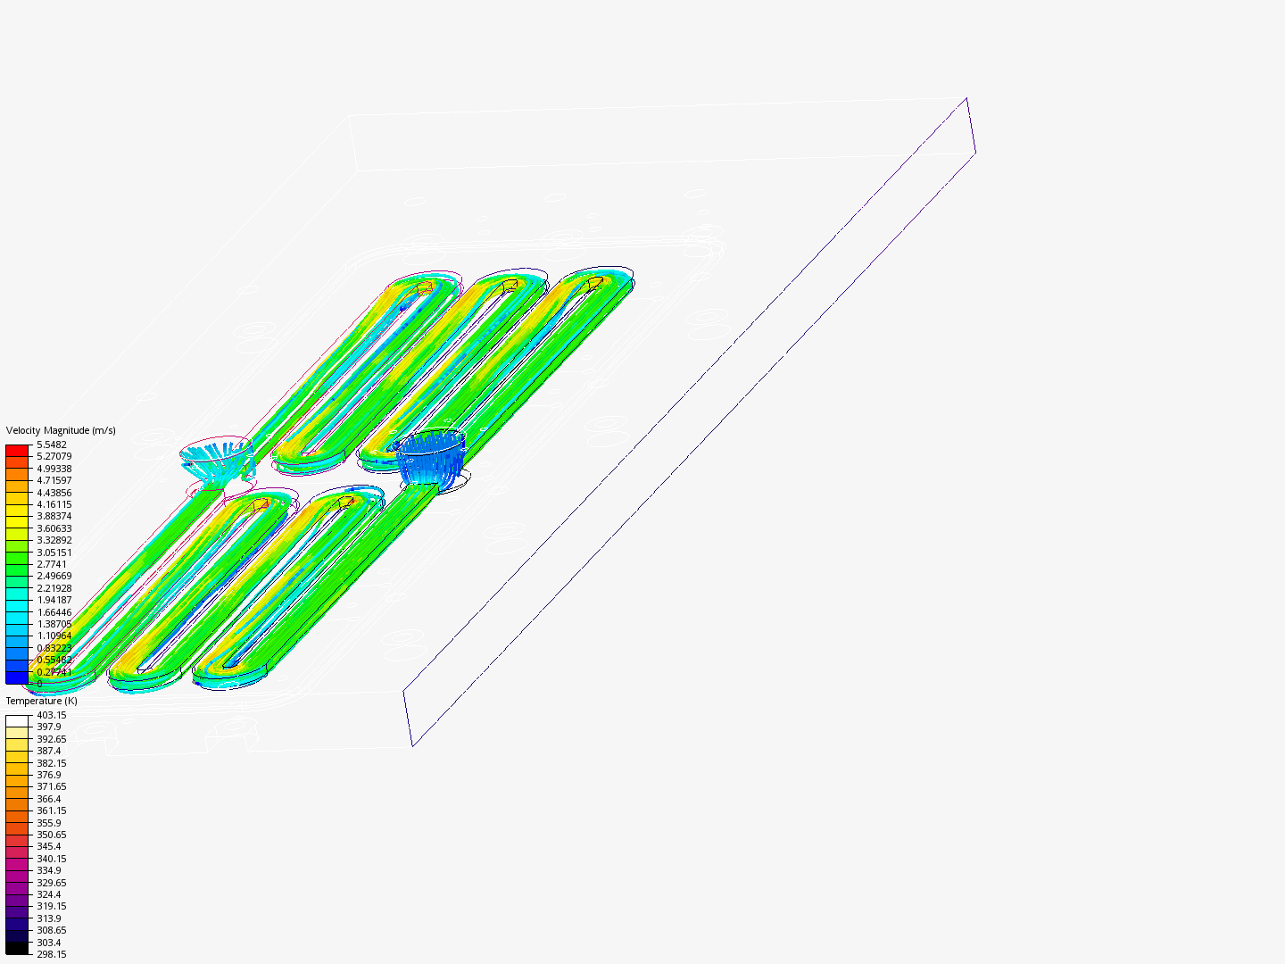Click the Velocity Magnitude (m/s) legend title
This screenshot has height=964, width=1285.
pyautogui.click(x=61, y=430)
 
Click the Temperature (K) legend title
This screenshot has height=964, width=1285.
pyautogui.click(x=42, y=701)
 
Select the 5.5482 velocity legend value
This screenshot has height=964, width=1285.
pyautogui.click(x=52, y=445)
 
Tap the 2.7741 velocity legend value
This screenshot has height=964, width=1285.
pyautogui.click(x=52, y=564)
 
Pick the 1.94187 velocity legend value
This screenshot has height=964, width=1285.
pyautogui.click(x=54, y=600)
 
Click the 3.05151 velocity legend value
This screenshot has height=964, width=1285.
pyautogui.click(x=54, y=553)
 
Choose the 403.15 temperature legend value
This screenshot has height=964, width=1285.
pyautogui.click(x=52, y=715)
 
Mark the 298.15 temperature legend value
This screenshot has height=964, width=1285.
pyautogui.click(x=52, y=955)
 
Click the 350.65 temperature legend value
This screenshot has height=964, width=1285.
pyautogui.click(x=52, y=835)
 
